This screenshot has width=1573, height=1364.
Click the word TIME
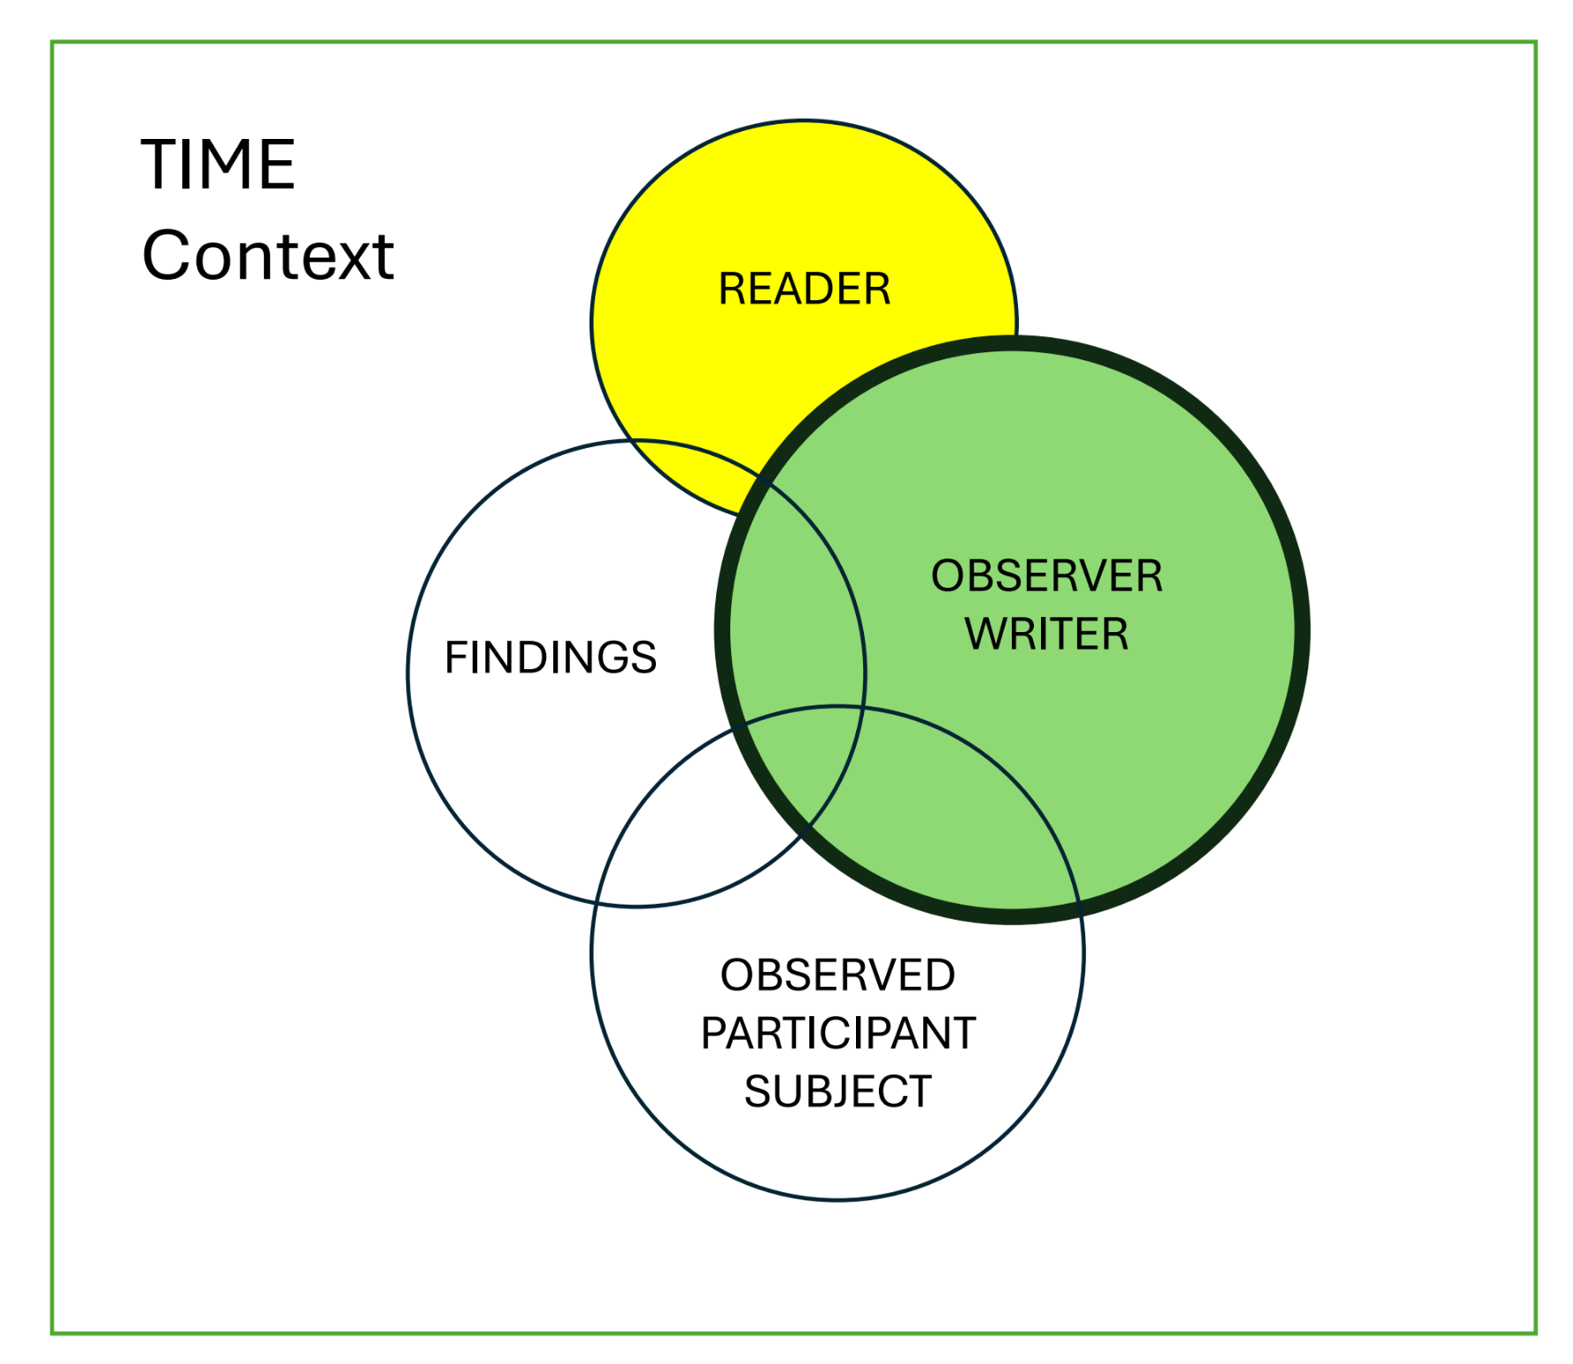218,165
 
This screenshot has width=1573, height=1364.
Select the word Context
267,256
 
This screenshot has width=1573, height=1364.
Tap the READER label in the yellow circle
804,289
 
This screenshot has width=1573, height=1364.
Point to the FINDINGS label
550,658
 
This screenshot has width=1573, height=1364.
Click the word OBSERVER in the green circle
1046,576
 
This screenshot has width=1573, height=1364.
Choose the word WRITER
1046,635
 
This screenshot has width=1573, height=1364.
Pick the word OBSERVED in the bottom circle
837,975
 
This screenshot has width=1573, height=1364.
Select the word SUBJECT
837,1091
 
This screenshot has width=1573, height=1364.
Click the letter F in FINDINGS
455,658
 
